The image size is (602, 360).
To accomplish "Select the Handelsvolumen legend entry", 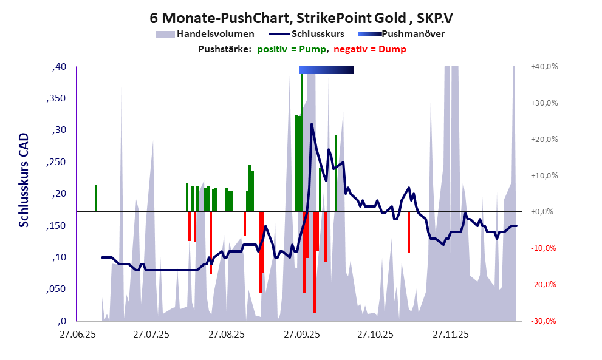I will (205, 34).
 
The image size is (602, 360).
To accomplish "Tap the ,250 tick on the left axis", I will (56, 162).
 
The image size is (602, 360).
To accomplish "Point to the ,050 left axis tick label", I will (56, 289).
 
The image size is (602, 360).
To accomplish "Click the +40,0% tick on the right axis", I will (544, 67).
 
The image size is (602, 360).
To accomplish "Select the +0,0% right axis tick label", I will (545, 212).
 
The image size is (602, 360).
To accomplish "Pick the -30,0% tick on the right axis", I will (545, 321).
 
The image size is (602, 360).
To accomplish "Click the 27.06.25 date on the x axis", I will (77, 335).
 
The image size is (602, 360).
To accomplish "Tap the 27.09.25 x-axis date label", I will (301, 335).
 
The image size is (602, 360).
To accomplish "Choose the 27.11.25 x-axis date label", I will (450, 335).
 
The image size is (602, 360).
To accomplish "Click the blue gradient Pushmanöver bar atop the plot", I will (326, 70).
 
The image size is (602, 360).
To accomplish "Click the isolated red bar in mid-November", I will (409, 232).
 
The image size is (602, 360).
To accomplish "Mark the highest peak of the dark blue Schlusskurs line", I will (312, 124).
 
